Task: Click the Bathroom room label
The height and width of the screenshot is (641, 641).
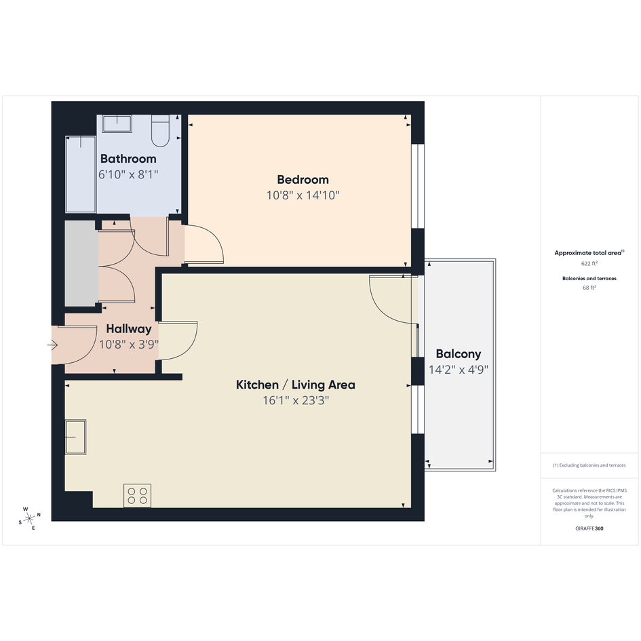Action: (128, 159)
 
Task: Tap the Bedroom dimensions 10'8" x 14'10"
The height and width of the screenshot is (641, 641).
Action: (303, 195)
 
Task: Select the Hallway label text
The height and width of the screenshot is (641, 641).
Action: (129, 329)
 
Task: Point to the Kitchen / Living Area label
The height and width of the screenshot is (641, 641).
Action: (296, 385)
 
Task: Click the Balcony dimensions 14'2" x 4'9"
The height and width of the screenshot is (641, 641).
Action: (459, 370)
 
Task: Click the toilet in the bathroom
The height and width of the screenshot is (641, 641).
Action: (160, 130)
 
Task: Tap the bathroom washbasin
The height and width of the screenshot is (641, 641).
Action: (117, 123)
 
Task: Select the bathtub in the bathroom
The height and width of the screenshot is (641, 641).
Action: (81, 174)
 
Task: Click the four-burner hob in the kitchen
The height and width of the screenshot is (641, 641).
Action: (137, 495)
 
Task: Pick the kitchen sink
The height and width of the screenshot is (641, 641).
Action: (75, 437)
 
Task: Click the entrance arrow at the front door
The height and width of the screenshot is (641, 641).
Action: (52, 345)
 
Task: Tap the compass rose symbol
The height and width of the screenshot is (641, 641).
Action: (29, 519)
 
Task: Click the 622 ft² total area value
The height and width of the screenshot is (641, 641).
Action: (589, 264)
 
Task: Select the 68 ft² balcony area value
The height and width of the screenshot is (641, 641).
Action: (589, 288)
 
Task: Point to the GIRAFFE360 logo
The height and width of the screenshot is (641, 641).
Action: (589, 528)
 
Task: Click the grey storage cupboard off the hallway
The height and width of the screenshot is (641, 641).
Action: (82, 263)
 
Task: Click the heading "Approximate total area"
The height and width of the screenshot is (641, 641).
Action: (587, 253)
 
